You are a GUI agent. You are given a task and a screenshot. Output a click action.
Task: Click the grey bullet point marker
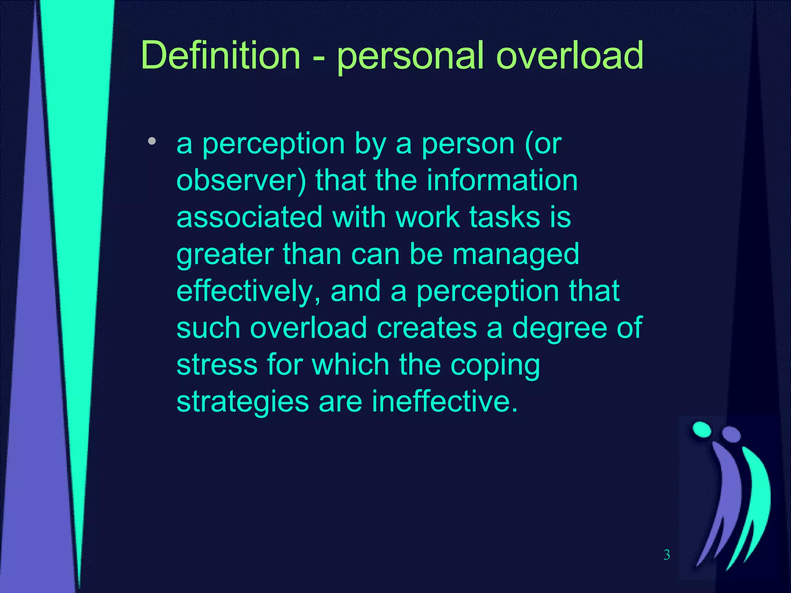[x=152, y=141]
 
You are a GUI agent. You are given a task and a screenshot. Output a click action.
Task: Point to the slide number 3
[x=667, y=555]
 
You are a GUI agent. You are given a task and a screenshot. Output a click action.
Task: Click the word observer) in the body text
[x=241, y=181]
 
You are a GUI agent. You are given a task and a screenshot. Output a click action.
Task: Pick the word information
[x=502, y=180]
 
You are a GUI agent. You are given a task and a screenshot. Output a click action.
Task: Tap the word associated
[x=250, y=217]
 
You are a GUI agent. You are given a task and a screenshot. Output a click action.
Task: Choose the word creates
[x=427, y=328]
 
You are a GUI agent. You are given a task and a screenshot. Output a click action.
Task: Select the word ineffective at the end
[x=444, y=402]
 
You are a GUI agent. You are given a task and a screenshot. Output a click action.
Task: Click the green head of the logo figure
[x=702, y=430]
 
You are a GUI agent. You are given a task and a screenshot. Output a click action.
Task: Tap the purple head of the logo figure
[x=732, y=434]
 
